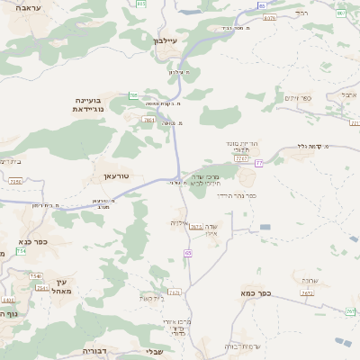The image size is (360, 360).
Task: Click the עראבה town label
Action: click(x=41, y=32)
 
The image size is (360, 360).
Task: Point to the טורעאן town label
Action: click(x=117, y=176)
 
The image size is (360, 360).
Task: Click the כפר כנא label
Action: click(x=31, y=241)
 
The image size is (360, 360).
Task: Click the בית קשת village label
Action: click(x=150, y=297)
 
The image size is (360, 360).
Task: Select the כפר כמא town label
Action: click(x=256, y=293)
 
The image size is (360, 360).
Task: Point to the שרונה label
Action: click(x=310, y=280)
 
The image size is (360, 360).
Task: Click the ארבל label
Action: click(x=349, y=94)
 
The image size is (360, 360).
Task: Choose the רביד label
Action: click(x=301, y=13)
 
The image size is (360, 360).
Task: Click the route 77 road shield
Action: click(x=259, y=163)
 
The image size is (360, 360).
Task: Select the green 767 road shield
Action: click(x=350, y=311)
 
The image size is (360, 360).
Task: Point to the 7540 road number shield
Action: click(x=35, y=276)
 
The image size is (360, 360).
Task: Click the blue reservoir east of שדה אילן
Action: click(x=265, y=228)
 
